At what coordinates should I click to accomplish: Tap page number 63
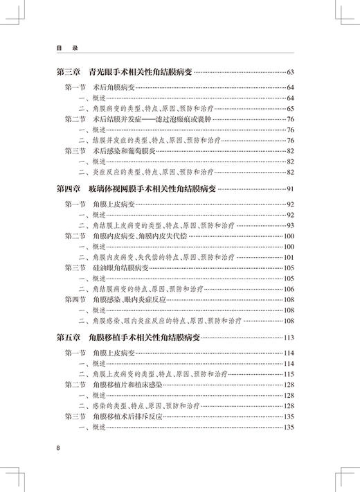tap(289, 72)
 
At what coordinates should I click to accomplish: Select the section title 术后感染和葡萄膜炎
tap(125, 150)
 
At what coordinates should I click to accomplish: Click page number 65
tap(290, 109)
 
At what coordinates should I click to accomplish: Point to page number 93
tap(290, 226)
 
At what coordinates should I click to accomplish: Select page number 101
tap(289, 257)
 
